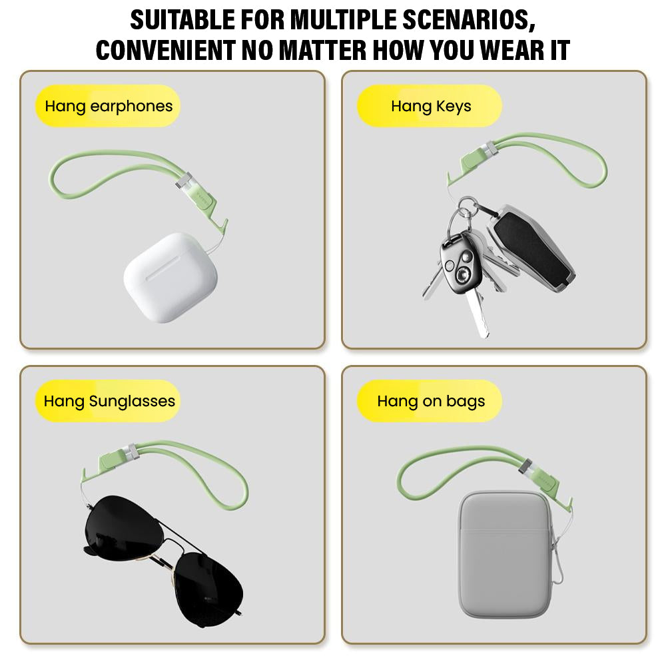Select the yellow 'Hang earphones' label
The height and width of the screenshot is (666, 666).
coord(107,106)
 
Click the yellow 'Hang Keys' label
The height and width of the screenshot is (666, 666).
coord(430,106)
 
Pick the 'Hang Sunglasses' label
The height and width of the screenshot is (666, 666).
coord(108,401)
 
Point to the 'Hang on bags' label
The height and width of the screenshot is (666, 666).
coord(430,401)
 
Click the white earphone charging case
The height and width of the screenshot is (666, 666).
coord(170,277)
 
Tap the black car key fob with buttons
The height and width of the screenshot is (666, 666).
coord(460,263)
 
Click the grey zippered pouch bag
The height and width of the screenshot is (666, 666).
coord(505,555)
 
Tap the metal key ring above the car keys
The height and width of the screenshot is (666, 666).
coord(468,208)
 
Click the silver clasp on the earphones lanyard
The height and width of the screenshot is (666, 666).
coord(184,181)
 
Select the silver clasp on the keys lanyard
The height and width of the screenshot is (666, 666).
coord(488,149)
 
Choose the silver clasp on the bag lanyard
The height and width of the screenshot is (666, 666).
coord(526,467)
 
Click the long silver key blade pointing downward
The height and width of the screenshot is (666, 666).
coord(477,312)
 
